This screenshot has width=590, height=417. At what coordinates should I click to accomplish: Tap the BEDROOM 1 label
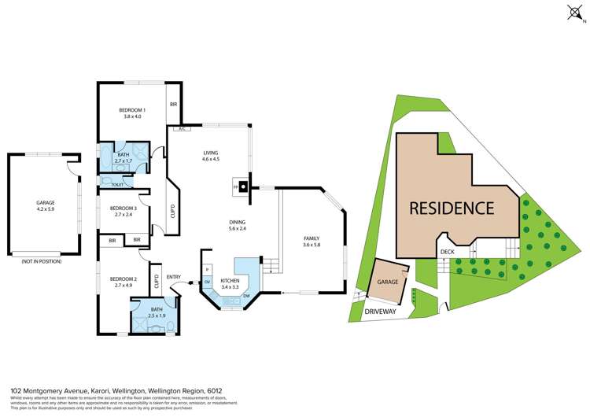(x=132, y=109)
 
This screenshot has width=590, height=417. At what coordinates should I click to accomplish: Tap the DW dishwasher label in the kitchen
(x=245, y=296)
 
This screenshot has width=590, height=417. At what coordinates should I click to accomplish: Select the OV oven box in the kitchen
(x=208, y=281)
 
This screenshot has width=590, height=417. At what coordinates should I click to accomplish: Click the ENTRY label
(x=173, y=276)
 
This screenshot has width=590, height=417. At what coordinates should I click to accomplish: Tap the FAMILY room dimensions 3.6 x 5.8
(x=313, y=245)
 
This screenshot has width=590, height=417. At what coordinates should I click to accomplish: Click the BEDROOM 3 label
(x=126, y=208)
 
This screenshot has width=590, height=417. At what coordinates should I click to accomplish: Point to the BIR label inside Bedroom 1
(x=173, y=104)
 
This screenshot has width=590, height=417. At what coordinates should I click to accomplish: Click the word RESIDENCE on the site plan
(x=451, y=208)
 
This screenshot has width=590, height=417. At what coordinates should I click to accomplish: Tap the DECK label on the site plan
(x=447, y=253)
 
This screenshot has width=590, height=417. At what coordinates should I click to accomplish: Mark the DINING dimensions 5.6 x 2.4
(x=238, y=229)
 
